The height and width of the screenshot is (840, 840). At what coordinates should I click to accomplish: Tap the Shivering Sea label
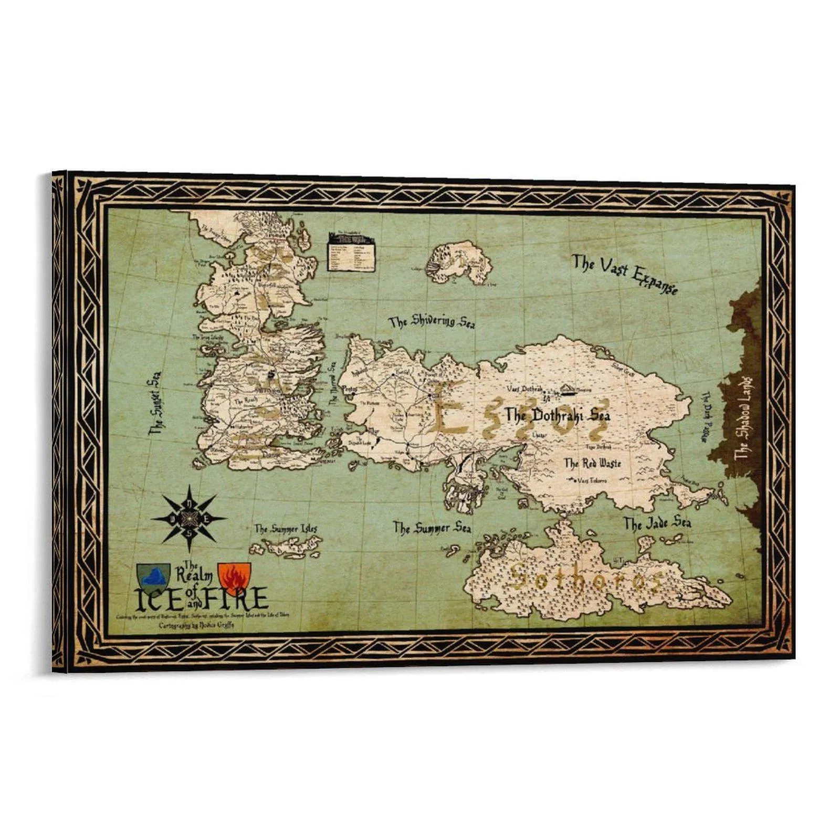coord(432,321)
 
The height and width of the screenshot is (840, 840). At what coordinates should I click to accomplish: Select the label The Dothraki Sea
coord(558,415)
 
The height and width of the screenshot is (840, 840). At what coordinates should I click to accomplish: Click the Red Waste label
coord(592,463)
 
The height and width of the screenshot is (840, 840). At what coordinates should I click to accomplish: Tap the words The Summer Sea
coord(432,528)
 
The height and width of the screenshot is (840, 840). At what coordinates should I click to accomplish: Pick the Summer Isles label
coord(286,529)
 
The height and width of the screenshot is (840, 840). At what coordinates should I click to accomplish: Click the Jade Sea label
coord(657,523)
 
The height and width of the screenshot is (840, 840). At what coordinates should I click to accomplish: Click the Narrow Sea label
coord(332,383)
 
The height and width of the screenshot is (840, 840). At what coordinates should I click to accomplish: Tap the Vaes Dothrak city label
coord(523,389)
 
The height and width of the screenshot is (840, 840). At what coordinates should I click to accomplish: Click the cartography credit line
coord(197,626)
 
